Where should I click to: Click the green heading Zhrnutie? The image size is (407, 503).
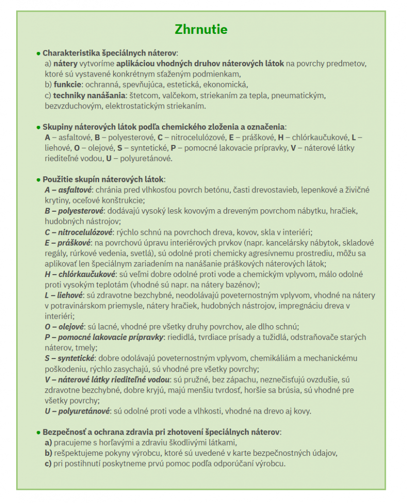[201, 29]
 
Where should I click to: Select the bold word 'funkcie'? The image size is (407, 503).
[67, 84]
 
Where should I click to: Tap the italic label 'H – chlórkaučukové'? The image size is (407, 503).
[80, 274]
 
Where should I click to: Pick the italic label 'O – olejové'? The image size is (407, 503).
[64, 327]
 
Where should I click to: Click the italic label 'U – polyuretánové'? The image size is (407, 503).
[77, 411]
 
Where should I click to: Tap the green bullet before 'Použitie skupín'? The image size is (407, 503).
[38, 179]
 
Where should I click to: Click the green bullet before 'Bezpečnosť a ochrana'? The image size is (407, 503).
[38, 432]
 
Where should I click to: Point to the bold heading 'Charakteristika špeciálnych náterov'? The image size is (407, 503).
[109, 53]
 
